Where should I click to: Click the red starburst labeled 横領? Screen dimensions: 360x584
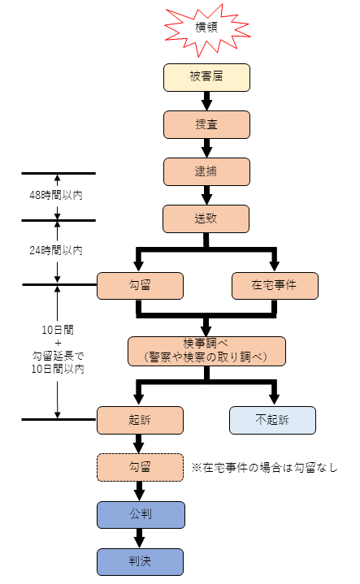click(x=207, y=30)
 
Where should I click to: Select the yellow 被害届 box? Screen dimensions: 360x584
click(x=206, y=77)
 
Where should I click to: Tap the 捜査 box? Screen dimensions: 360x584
click(x=206, y=125)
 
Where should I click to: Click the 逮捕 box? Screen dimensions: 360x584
click(x=206, y=171)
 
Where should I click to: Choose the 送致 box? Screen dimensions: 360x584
click(x=206, y=219)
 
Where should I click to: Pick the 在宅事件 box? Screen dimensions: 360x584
click(x=275, y=286)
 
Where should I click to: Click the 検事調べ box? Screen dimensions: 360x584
click(x=207, y=351)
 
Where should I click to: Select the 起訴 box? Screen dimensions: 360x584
click(x=140, y=420)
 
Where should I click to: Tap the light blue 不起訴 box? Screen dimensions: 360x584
click(x=272, y=420)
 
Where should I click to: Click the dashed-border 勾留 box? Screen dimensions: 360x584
click(x=140, y=467)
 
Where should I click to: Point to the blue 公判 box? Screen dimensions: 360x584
click(x=141, y=515)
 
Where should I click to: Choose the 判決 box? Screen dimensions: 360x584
click(x=140, y=562)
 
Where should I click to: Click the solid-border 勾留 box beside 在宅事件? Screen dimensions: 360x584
click(x=140, y=286)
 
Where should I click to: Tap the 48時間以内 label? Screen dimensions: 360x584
click(x=56, y=195)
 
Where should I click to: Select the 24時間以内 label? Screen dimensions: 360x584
click(x=56, y=250)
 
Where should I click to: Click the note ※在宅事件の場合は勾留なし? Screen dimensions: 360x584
click(x=265, y=467)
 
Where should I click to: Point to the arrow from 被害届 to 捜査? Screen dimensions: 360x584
click(x=207, y=101)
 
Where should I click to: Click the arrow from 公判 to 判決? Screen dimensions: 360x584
click(x=140, y=539)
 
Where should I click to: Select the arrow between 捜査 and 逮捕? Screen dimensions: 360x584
click(x=207, y=149)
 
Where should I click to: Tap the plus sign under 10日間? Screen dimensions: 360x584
click(x=58, y=343)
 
